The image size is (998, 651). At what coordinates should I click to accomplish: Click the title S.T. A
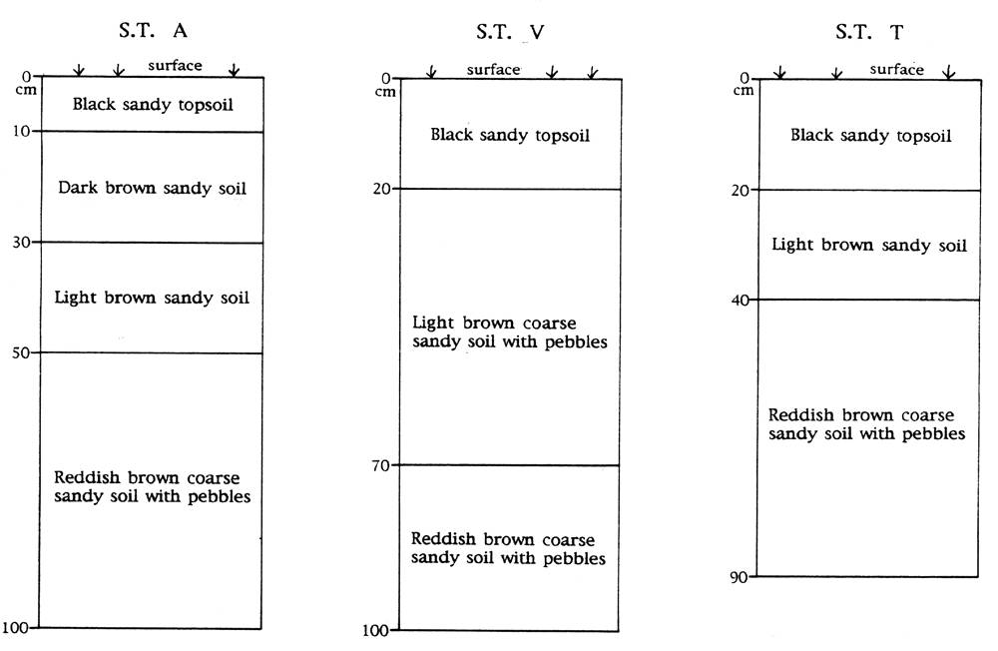tap(153, 30)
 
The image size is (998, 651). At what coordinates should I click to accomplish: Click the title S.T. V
tap(510, 32)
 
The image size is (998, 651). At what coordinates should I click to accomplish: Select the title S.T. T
tap(869, 32)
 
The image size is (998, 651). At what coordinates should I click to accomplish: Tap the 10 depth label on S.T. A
tap(22, 131)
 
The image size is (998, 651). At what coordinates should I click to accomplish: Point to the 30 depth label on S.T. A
tap(22, 242)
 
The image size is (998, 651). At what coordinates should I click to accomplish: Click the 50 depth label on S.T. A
tap(21, 352)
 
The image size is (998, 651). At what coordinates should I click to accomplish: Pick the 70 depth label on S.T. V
tap(380, 465)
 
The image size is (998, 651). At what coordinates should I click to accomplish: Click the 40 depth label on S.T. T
tap(741, 300)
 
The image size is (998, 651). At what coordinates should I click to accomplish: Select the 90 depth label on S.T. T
tap(739, 578)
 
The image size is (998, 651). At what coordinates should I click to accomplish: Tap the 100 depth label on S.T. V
tap(375, 631)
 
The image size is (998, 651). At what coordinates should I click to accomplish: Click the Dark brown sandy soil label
tap(152, 188)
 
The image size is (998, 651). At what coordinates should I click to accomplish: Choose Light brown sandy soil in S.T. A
tap(152, 298)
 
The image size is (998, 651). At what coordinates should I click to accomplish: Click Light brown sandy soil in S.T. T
tap(869, 246)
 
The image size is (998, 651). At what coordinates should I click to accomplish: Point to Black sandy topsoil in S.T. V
tap(510, 135)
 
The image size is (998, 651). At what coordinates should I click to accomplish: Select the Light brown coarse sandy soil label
tap(510, 331)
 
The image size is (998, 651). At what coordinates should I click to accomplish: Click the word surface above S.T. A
tap(175, 66)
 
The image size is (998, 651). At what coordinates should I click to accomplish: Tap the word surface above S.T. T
tap(897, 70)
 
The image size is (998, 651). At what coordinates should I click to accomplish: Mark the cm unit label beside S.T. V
tap(385, 93)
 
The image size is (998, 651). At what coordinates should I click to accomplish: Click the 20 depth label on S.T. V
tap(382, 189)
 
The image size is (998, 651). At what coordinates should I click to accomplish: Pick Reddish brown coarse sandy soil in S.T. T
tap(866, 424)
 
